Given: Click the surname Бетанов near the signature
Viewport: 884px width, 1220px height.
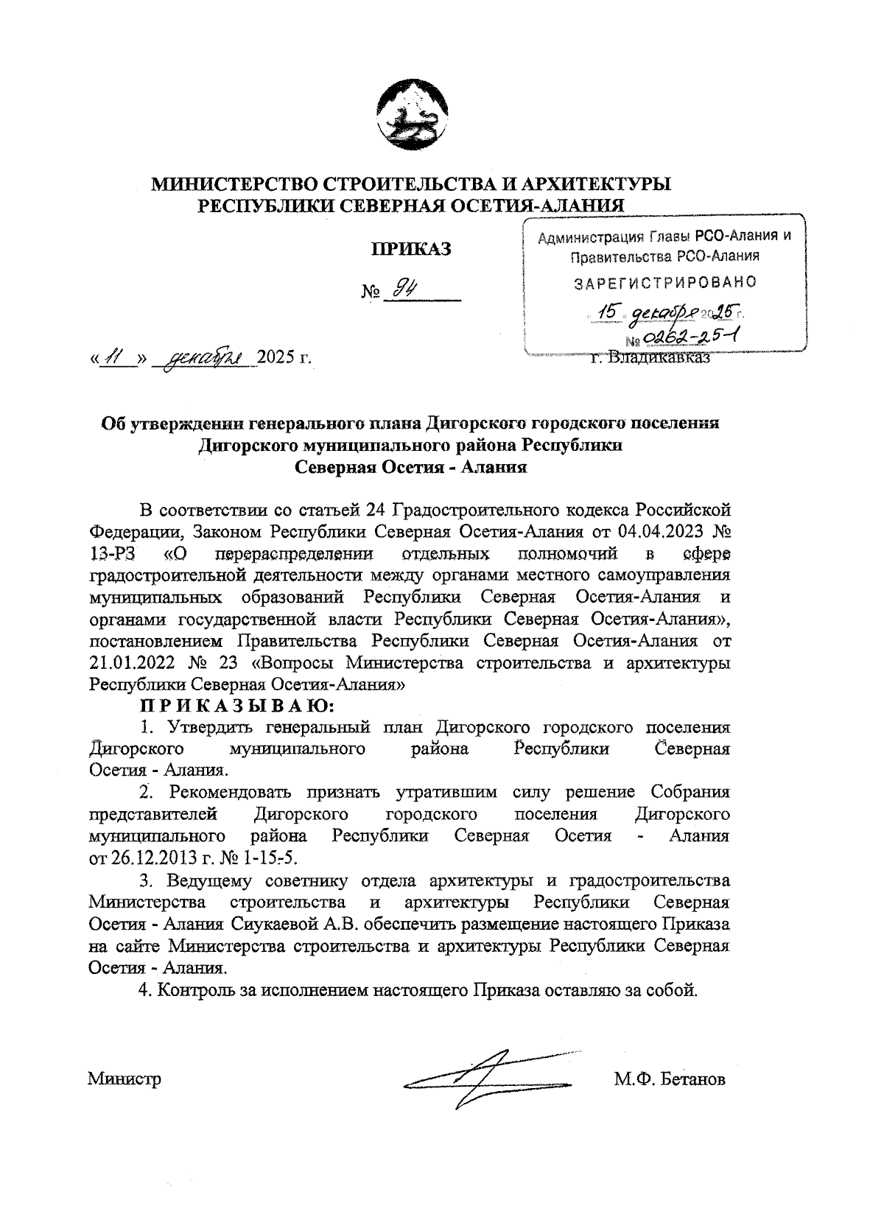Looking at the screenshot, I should pyautogui.click(x=692, y=1080).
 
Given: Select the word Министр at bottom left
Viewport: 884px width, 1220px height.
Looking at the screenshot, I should pyautogui.click(x=124, y=1080).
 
